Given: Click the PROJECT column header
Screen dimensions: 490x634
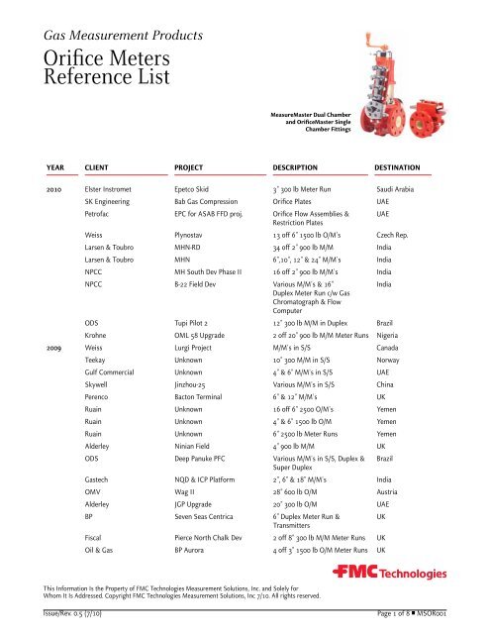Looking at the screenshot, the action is click(195, 156).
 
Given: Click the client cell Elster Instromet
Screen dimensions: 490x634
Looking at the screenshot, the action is click(117, 187).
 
